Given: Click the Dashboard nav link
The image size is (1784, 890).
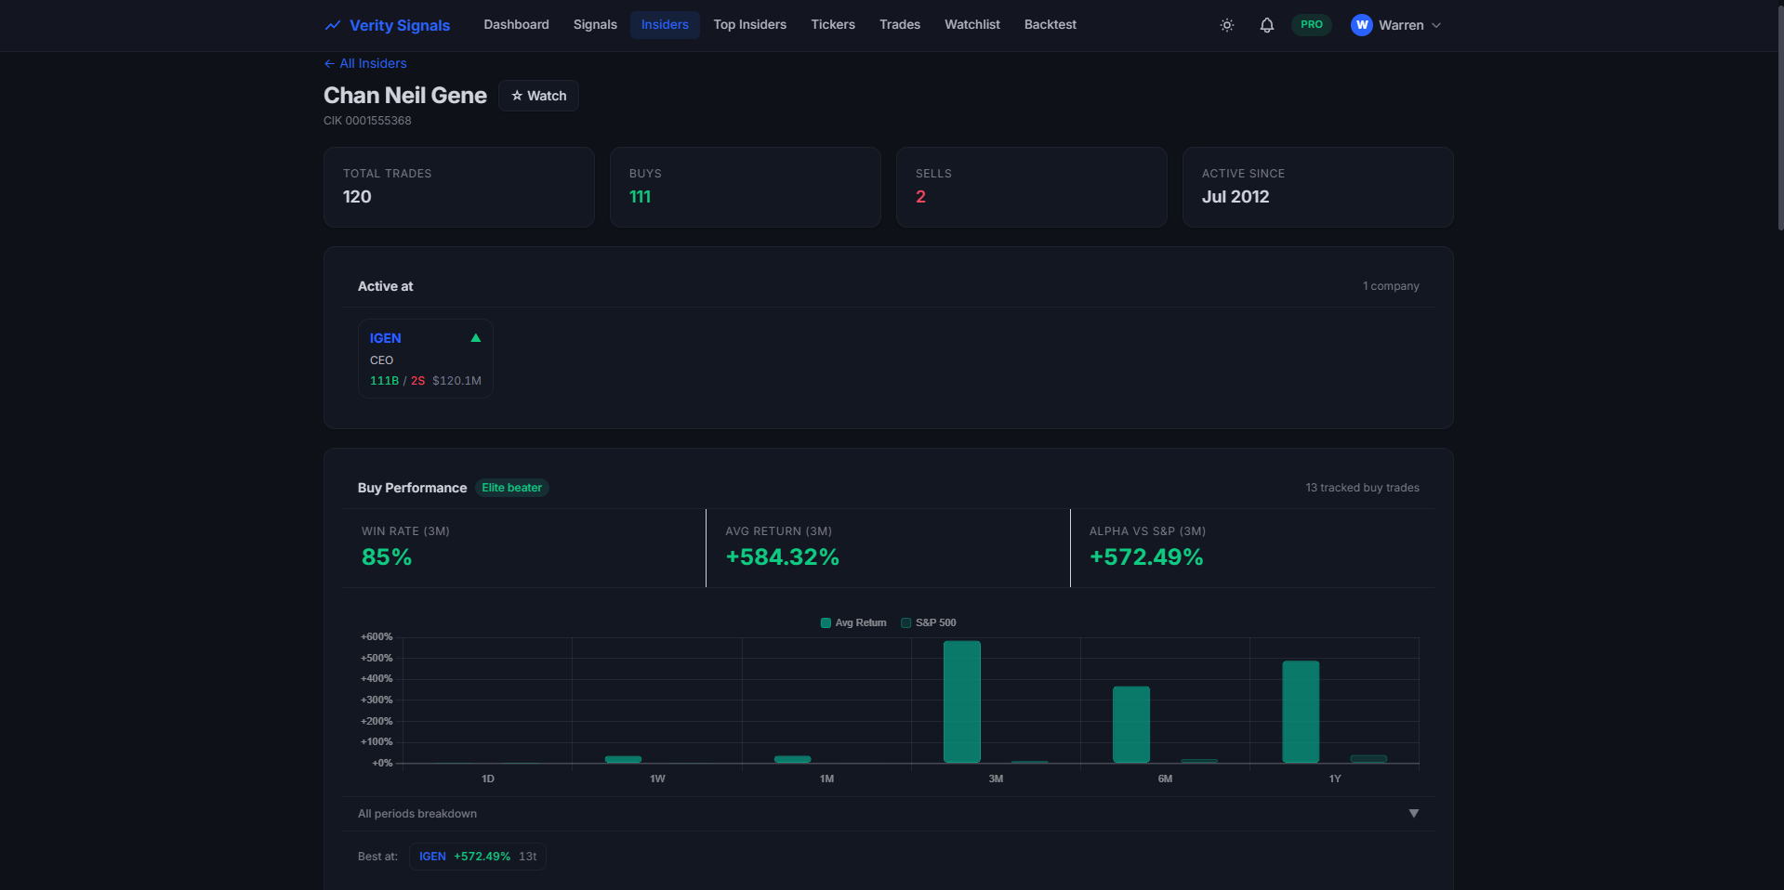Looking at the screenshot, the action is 516,25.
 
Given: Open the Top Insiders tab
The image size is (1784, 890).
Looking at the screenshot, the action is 749,25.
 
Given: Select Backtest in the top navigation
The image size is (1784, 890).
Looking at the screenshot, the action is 1050,25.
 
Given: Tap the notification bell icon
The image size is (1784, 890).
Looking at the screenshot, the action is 1266,25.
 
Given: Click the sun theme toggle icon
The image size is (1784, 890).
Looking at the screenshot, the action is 1227,25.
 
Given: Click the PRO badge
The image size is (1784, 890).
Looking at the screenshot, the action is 1312,25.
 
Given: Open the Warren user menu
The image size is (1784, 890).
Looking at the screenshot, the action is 1396,25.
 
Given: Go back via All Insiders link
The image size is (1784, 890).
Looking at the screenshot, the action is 365,63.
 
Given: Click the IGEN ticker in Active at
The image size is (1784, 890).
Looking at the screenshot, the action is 386,338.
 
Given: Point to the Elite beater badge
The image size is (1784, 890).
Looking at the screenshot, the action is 512,488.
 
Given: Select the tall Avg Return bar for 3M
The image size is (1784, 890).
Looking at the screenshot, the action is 962,701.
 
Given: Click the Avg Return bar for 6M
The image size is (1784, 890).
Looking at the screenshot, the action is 1131,725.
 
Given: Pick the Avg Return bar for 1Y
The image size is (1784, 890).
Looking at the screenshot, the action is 1301,712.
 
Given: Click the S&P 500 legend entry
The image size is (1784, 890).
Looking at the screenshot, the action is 929,622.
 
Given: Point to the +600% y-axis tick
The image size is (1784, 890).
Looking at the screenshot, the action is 377,636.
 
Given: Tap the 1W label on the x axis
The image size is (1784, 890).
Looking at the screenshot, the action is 657,779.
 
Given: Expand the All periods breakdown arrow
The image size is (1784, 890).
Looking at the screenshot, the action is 1414,813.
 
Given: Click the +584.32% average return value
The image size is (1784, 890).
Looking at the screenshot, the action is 782,556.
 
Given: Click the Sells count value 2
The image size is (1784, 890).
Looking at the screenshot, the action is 920,197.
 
